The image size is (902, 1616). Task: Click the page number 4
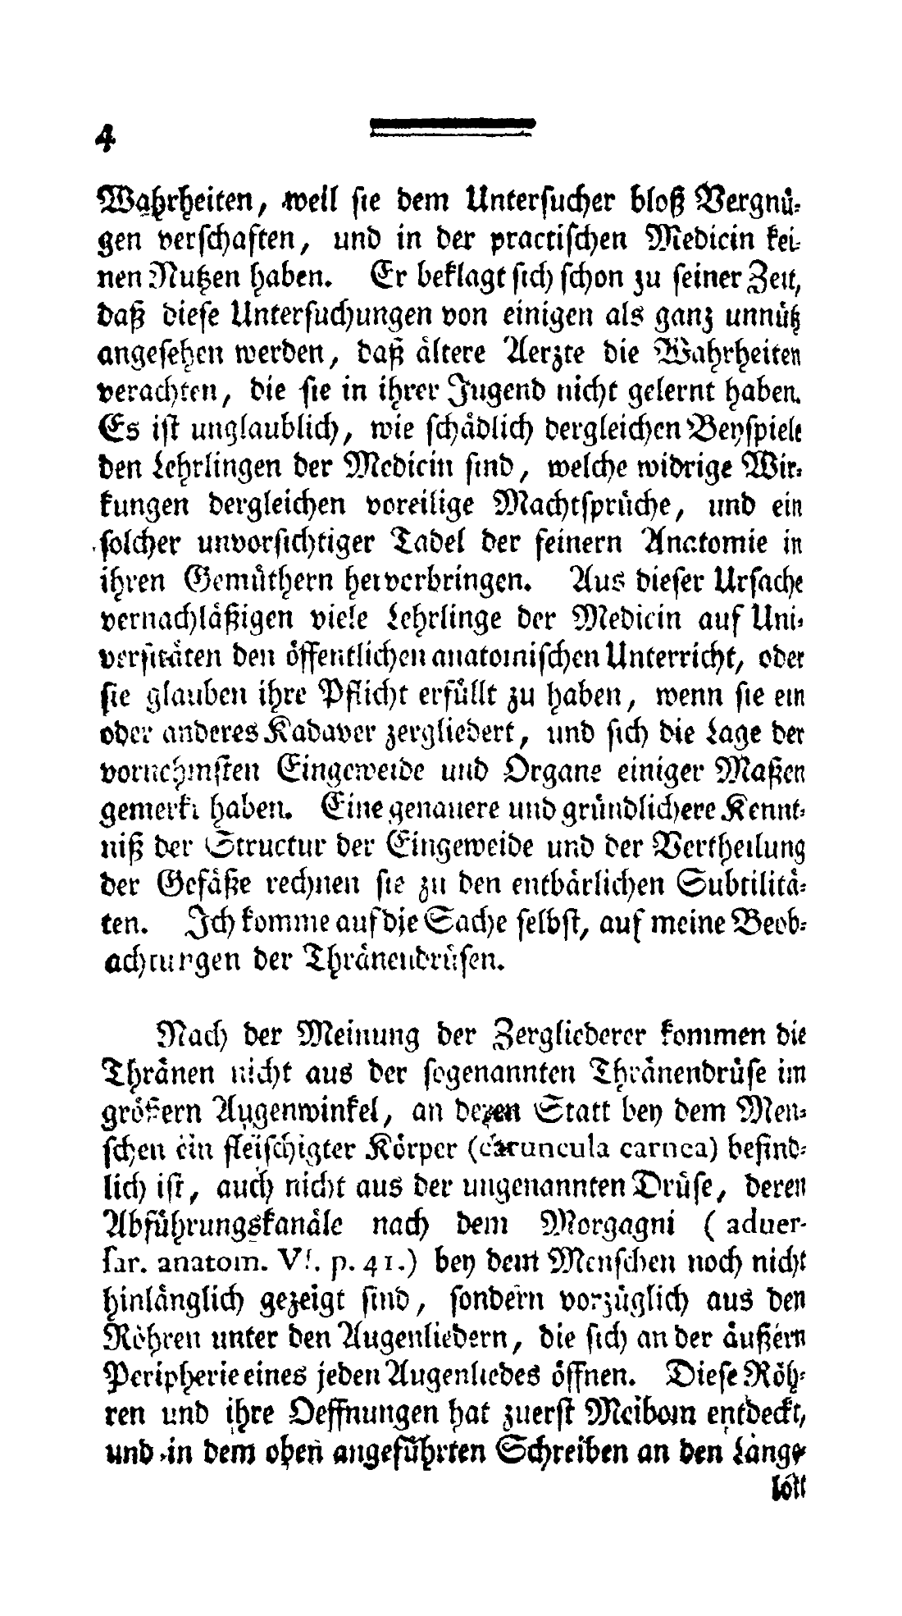(103, 139)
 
